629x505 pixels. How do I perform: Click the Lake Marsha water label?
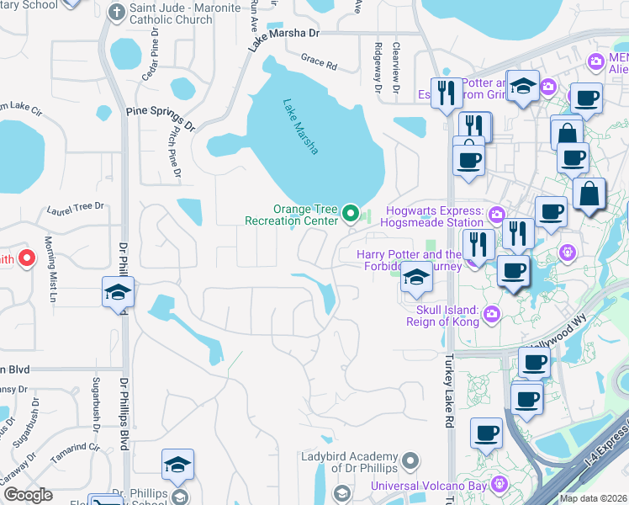300,127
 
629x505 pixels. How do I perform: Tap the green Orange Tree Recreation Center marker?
352,215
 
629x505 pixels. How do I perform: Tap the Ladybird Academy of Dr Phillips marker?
410,460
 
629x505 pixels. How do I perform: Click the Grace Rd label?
320,61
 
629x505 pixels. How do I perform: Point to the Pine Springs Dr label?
160,118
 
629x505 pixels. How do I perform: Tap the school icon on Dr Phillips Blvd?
118,292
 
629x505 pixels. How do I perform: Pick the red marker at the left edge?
26,258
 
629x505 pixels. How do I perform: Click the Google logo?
28,495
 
